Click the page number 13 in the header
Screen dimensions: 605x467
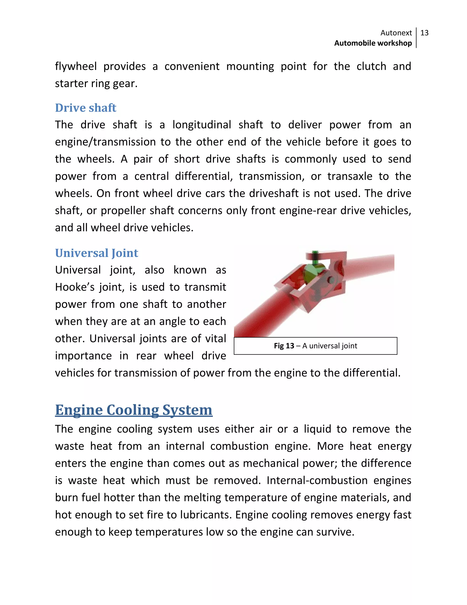[x=424, y=33]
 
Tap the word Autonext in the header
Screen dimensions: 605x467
[x=396, y=33]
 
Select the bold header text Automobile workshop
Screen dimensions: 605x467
[x=373, y=43]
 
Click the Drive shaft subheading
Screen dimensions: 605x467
[x=86, y=108]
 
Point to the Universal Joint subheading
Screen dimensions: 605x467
[x=96, y=253]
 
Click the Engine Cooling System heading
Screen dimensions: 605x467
[x=134, y=410]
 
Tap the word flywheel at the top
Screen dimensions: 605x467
[x=76, y=66]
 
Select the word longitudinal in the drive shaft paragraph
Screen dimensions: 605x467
[x=202, y=125]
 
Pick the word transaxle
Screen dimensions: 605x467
[x=350, y=176]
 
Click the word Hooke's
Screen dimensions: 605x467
[x=75, y=287]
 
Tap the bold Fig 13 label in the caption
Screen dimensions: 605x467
[x=284, y=346]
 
